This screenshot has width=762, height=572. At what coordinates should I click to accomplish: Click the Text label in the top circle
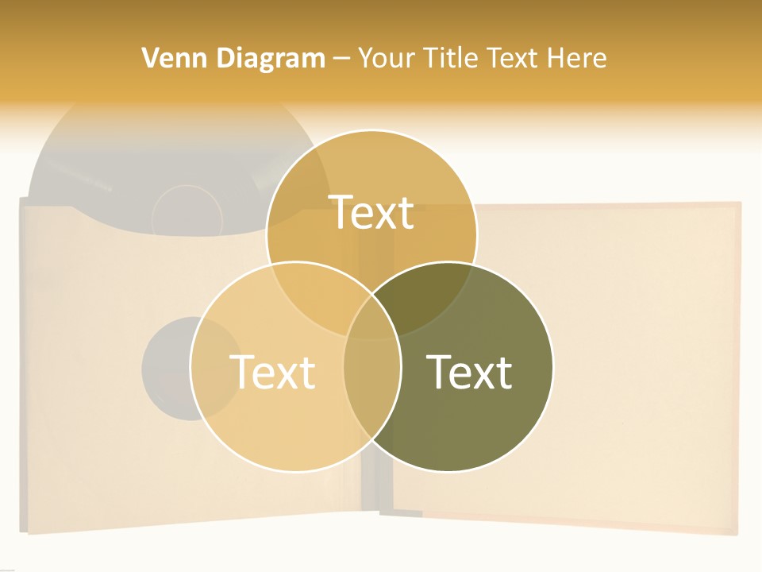point(371,212)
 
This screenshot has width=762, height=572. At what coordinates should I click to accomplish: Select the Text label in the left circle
point(272,372)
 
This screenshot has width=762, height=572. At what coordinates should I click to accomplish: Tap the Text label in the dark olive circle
point(469,372)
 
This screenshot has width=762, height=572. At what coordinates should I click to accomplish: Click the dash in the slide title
point(341,59)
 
